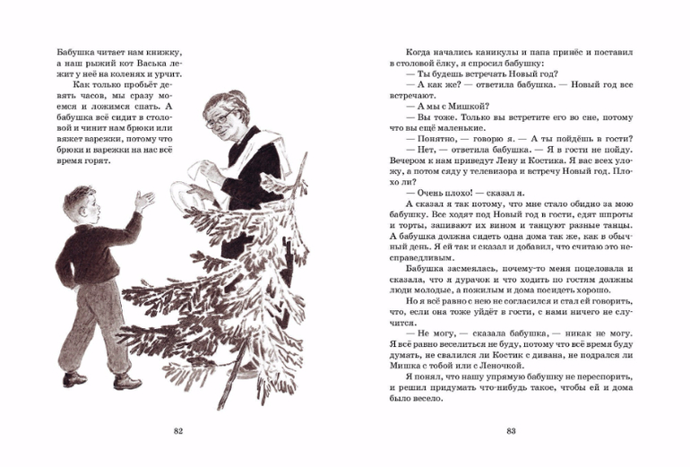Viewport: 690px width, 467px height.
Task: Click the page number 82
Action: pyautogui.click(x=177, y=432)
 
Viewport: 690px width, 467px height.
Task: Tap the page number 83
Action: pyautogui.click(x=511, y=432)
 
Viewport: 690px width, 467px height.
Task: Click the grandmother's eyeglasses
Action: pyautogui.click(x=220, y=117)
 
